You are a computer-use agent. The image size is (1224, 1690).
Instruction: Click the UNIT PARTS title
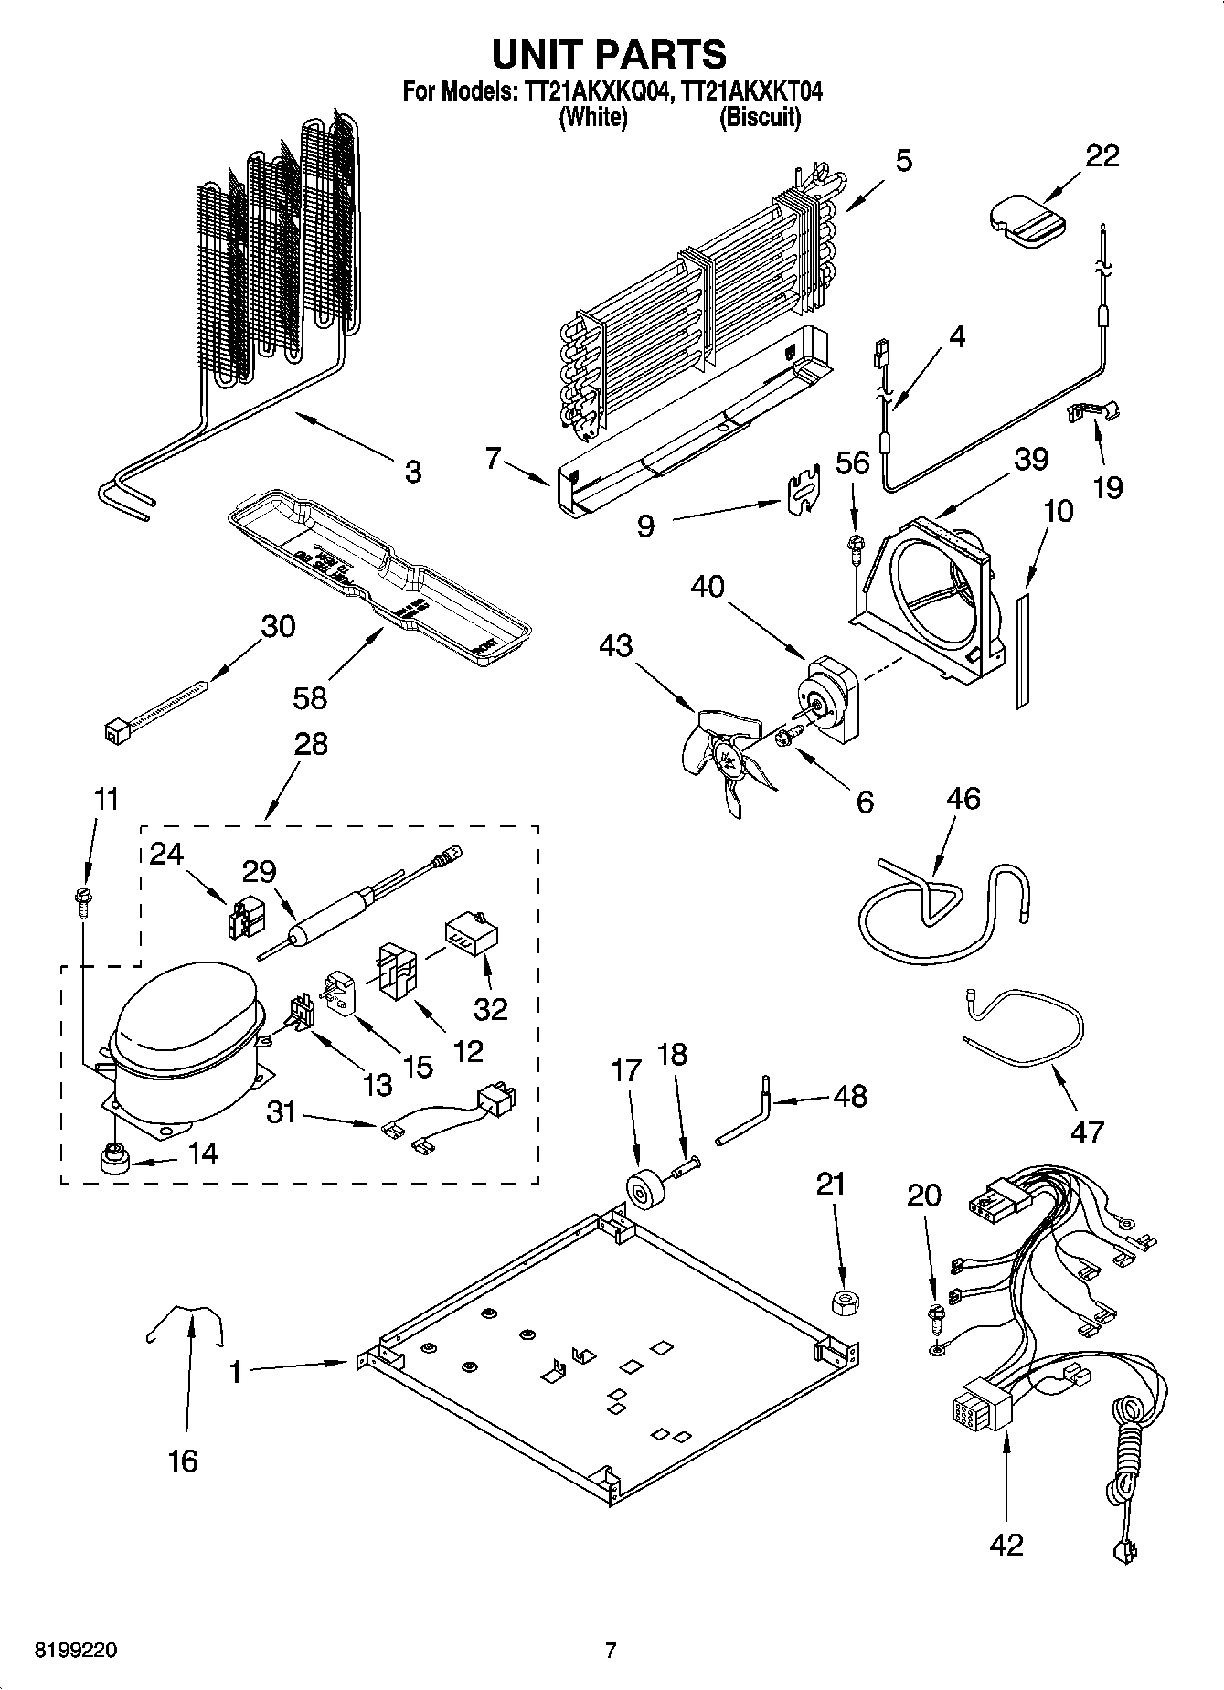click(x=610, y=54)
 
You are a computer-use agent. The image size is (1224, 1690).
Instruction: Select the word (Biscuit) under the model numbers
click(x=760, y=117)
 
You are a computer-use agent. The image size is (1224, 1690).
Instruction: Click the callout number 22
click(x=1102, y=156)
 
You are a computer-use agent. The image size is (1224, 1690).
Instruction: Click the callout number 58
click(x=310, y=697)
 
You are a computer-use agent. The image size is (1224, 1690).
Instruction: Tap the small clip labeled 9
click(x=802, y=494)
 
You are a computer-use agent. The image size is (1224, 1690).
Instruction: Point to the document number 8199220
click(x=76, y=1650)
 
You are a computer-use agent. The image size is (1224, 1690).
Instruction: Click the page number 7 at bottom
click(x=611, y=1650)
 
